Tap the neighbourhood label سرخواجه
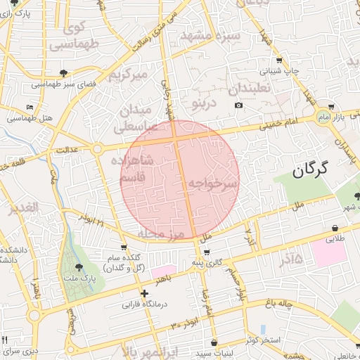[212, 184]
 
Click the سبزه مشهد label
[211, 35]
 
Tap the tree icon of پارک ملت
[79, 266]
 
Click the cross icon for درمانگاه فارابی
[145, 293]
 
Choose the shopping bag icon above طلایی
[334, 228]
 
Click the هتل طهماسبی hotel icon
[29, 107]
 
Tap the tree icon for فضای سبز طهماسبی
[65, 72]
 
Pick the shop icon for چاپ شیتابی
[279, 60]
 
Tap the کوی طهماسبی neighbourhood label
[73, 37]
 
